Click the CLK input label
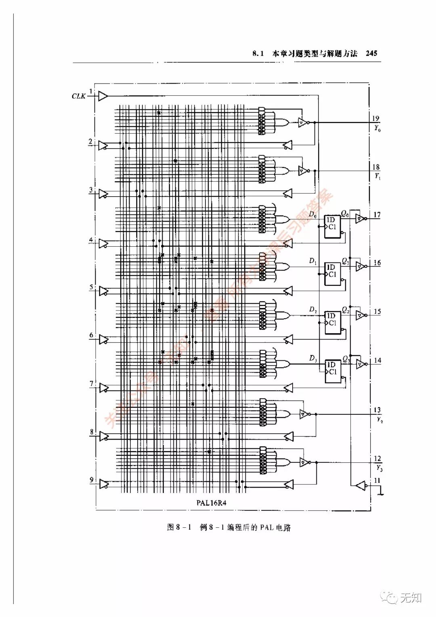(78, 96)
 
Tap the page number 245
(371, 53)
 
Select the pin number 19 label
(375, 118)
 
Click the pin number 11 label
(377, 481)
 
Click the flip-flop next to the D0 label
(332, 226)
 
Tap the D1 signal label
(313, 261)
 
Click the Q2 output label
(346, 310)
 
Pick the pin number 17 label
(377, 215)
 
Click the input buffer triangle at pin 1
(103, 96)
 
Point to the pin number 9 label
(92, 480)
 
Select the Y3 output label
(379, 468)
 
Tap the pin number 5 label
(91, 288)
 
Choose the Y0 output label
(377, 128)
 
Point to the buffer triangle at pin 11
(361, 485)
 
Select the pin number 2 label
(90, 142)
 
